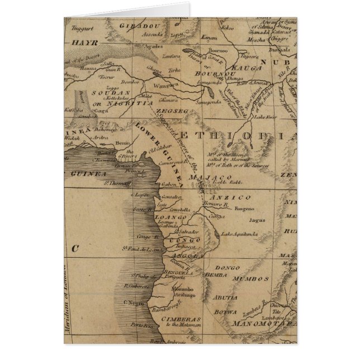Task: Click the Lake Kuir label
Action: (265, 117)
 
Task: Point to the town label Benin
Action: (122, 143)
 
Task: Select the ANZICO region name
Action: (222, 197)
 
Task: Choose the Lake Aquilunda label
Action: (240, 234)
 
